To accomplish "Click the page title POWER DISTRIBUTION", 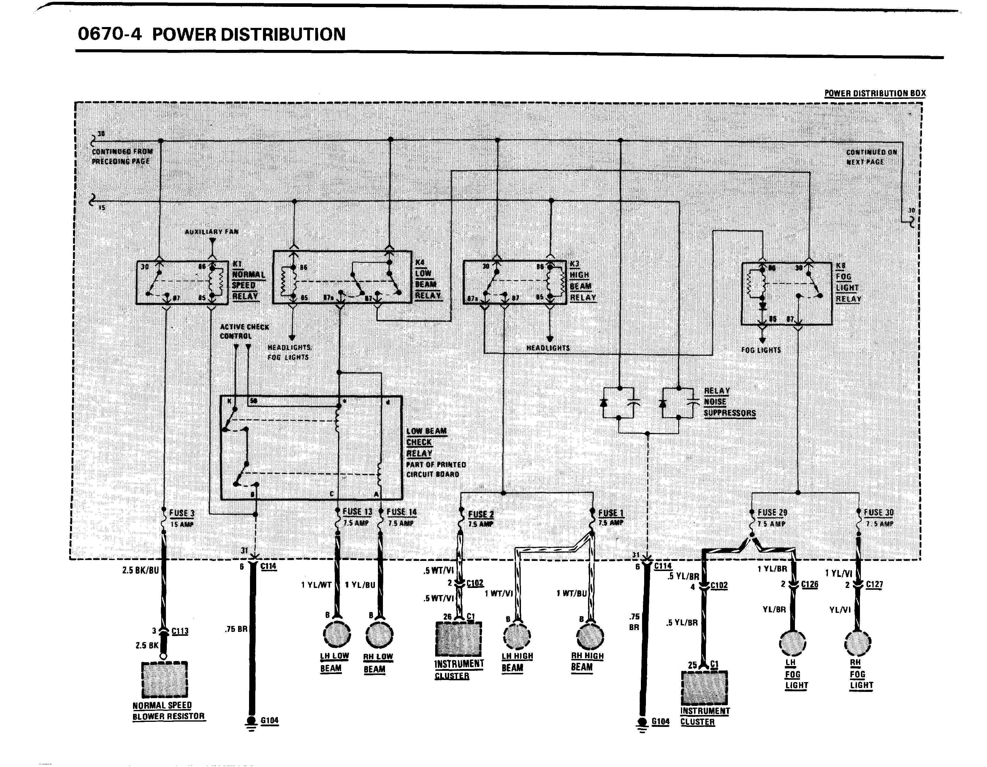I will tap(248, 35).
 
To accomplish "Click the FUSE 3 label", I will tap(182, 513).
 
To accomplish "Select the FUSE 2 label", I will tap(481, 514).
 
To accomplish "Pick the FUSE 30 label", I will tap(879, 513).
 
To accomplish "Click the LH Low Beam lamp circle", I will tap(337, 634).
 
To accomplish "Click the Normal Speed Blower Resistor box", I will tap(164, 679).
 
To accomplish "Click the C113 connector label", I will tap(180, 631).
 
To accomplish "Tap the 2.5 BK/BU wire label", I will tap(140, 570).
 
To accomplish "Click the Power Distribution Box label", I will tap(875, 94).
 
